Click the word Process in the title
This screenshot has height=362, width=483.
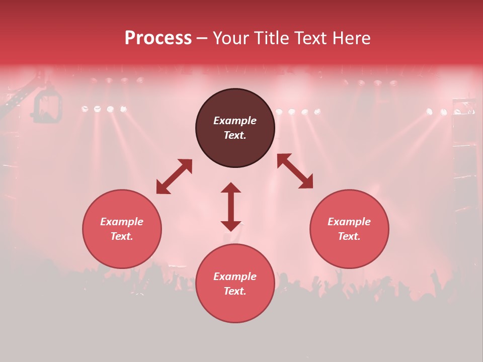158,38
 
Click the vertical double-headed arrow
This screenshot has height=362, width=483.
231,207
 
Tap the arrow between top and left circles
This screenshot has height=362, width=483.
174,176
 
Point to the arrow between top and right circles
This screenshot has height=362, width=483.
295,171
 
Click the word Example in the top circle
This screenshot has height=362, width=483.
235,121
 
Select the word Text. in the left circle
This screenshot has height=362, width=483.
122,236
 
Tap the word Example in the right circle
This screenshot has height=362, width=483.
349,222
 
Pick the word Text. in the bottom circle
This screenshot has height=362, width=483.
235,291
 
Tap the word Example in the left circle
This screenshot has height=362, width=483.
122,222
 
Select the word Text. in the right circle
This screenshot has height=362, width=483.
349,236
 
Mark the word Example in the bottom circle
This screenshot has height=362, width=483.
235,277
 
